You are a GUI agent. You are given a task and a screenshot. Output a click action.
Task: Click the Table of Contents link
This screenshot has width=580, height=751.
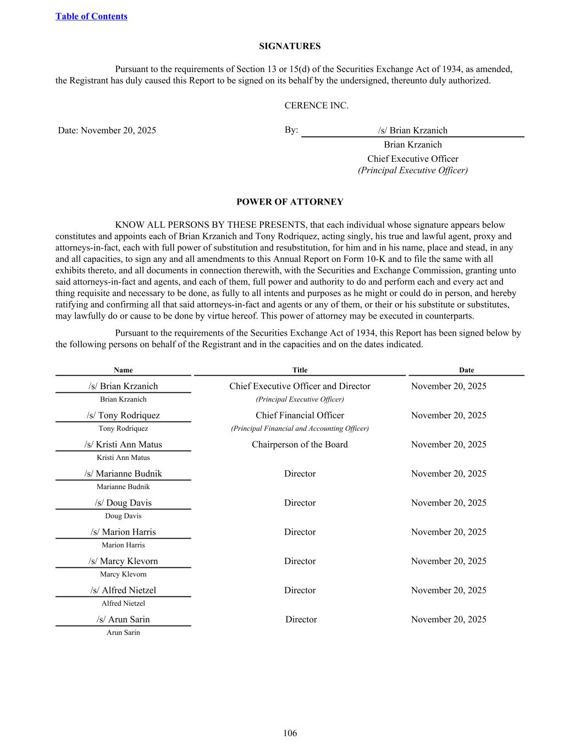(91, 17)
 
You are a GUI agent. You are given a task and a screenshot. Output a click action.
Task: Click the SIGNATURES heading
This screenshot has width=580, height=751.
(290, 46)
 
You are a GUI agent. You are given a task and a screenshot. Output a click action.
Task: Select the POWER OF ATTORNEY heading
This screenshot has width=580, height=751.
(290, 202)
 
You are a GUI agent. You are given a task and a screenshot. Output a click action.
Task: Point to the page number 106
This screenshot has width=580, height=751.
(290, 733)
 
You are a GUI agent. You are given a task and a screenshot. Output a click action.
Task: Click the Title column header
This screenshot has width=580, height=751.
(300, 370)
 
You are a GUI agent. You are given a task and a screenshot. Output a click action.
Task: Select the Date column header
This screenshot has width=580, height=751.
(466, 370)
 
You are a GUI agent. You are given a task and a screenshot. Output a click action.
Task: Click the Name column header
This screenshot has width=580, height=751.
(123, 370)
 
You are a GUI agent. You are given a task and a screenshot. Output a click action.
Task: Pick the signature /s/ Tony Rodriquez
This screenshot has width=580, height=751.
(123, 415)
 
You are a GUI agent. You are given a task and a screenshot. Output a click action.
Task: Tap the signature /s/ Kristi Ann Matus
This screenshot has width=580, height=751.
(123, 445)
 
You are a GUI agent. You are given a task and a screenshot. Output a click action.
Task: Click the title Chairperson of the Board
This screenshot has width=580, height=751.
(300, 445)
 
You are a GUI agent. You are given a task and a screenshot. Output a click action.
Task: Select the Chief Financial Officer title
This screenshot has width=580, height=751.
(300, 415)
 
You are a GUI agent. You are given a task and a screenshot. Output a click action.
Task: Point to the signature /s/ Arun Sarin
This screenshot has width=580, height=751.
(123, 620)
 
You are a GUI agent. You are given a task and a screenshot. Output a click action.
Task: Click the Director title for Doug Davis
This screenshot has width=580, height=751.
(300, 503)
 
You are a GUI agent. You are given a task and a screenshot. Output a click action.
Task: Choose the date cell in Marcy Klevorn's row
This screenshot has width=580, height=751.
(449, 561)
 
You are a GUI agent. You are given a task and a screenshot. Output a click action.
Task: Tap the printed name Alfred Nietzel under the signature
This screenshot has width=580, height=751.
(123, 604)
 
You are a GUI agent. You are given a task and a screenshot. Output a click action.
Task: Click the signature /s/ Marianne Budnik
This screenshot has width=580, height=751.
(123, 474)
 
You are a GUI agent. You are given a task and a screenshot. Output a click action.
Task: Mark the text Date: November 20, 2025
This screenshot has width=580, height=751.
(107, 130)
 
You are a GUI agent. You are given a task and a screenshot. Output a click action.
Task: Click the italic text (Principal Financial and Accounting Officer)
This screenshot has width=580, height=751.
(300, 429)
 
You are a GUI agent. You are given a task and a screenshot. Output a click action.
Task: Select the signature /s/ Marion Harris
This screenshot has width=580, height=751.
(123, 532)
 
